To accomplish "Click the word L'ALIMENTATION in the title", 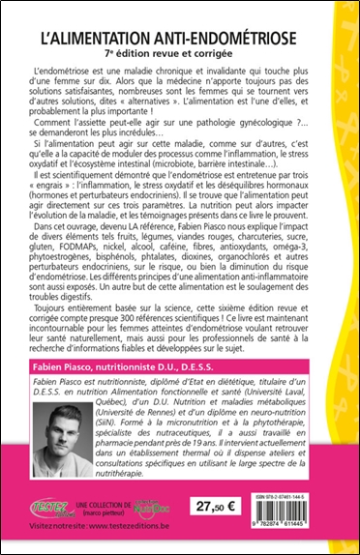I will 112,43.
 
